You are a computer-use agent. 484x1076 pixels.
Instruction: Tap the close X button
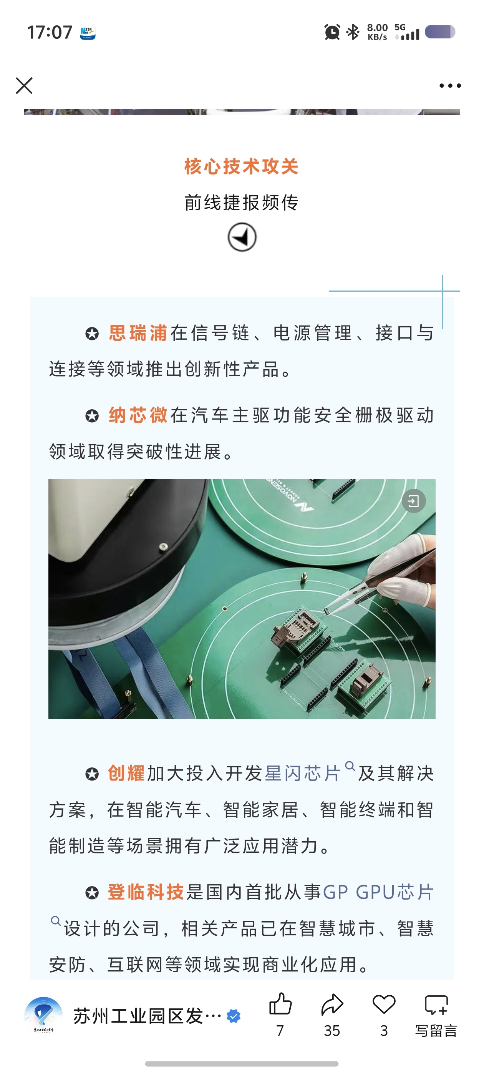tap(24, 86)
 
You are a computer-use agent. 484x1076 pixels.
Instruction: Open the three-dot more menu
tap(450, 86)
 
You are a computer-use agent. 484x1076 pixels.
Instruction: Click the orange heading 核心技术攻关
tap(242, 166)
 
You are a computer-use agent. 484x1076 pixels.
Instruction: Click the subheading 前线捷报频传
tap(242, 203)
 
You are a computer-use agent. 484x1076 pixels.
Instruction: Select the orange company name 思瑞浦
tap(138, 333)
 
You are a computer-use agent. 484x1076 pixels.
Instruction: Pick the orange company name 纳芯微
tap(138, 415)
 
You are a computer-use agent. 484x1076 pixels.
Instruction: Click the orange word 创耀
tap(126, 773)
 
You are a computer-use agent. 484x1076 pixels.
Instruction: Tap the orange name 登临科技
tap(146, 892)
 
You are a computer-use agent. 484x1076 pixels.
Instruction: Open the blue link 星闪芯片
tap(303, 773)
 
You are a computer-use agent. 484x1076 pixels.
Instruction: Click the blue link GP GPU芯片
tap(378, 892)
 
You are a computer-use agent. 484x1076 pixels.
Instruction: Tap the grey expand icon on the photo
tap(413, 501)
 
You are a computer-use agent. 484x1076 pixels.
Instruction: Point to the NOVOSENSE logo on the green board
tap(291, 497)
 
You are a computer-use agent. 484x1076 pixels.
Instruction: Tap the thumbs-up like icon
tap(280, 1004)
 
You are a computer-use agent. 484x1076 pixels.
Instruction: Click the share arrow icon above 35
tap(332, 1004)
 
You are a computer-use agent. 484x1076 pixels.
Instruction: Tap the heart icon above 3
tap(384, 1004)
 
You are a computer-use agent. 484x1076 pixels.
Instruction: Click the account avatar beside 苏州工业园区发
tap(43, 1015)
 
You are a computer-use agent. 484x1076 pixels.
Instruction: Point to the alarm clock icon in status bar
tap(332, 32)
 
